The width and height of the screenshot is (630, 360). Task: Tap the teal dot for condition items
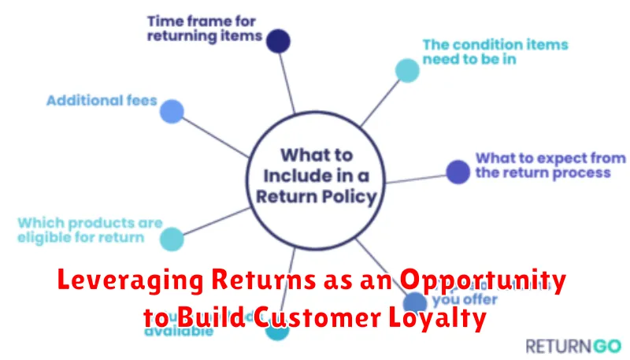406,71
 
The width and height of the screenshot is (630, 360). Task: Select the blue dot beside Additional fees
172,112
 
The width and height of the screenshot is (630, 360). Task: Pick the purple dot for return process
457,171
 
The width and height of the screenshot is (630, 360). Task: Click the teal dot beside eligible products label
172,239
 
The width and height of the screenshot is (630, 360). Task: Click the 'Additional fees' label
102,101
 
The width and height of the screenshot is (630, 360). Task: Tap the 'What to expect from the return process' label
543,165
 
